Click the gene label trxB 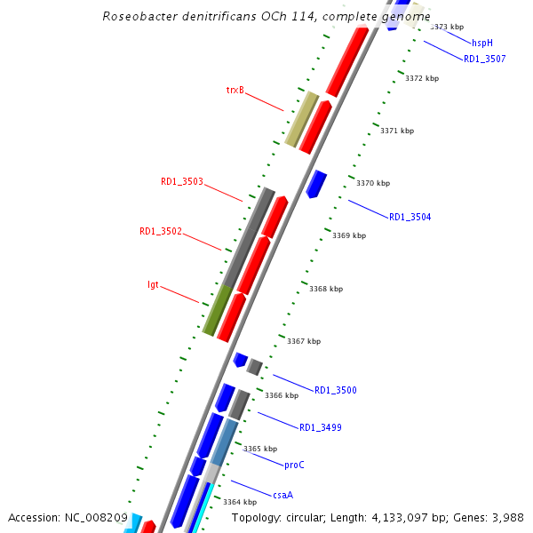[x=235, y=90]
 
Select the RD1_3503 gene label [x=182, y=182]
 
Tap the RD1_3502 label [x=161, y=232]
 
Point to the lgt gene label [x=153, y=285]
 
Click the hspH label [x=481, y=43]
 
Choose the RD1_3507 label [x=485, y=60]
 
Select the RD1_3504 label [x=410, y=218]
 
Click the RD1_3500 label [x=336, y=391]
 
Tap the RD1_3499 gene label [x=321, y=428]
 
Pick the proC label [x=294, y=465]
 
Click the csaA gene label [x=282, y=495]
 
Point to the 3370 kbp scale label [x=373, y=184]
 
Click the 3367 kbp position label [x=304, y=341]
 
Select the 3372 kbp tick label [x=422, y=79]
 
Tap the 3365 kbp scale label [x=260, y=449]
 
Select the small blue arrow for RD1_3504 [x=316, y=184]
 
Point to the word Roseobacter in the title [x=133, y=17]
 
